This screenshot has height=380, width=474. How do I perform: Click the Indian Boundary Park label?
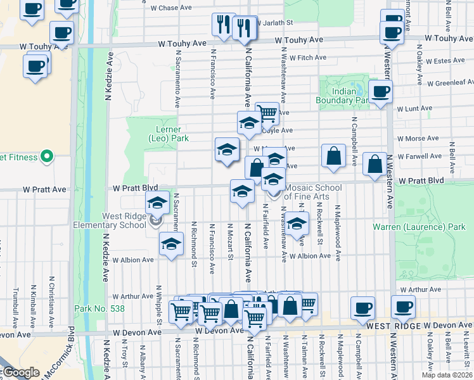[343, 95]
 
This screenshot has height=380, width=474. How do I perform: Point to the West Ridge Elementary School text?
[109, 220]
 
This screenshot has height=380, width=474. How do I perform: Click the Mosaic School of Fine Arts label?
[307, 192]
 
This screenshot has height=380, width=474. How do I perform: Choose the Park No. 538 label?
[99, 308]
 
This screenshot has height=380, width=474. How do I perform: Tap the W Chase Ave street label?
[170, 8]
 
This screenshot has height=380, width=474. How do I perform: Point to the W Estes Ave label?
[445, 61]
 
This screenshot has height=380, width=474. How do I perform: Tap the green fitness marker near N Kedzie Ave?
[46, 156]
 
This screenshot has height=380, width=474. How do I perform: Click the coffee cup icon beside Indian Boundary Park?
[380, 92]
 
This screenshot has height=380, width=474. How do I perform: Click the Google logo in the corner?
[20, 372]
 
